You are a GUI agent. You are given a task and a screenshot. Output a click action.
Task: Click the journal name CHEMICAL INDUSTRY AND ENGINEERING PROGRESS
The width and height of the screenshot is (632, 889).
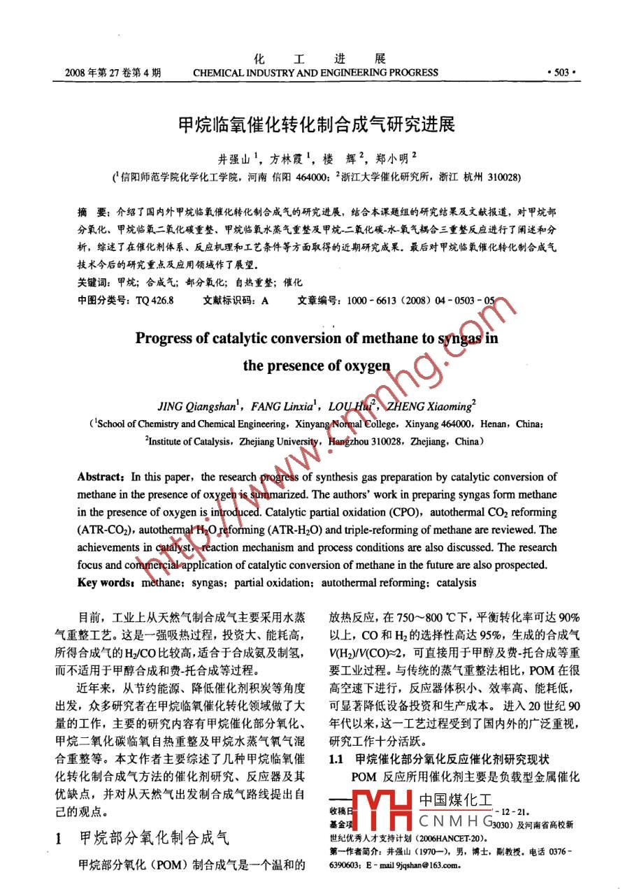[315, 72]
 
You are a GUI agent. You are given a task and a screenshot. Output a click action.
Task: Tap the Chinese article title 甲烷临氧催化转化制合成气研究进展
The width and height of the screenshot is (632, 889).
[316, 126]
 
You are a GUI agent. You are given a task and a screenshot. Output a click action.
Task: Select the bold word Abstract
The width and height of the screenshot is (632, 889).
[100, 477]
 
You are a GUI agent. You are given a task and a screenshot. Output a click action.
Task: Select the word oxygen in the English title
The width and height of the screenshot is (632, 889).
[356, 366]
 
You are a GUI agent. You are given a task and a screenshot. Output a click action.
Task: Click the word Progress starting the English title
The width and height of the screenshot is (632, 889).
[163, 338]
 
